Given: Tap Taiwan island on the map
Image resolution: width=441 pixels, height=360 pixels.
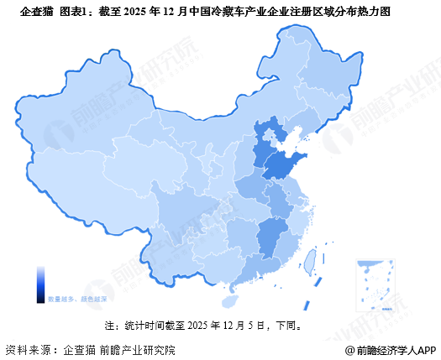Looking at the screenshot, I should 308,261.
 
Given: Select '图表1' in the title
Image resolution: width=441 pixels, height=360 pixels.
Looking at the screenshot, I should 76,12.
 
